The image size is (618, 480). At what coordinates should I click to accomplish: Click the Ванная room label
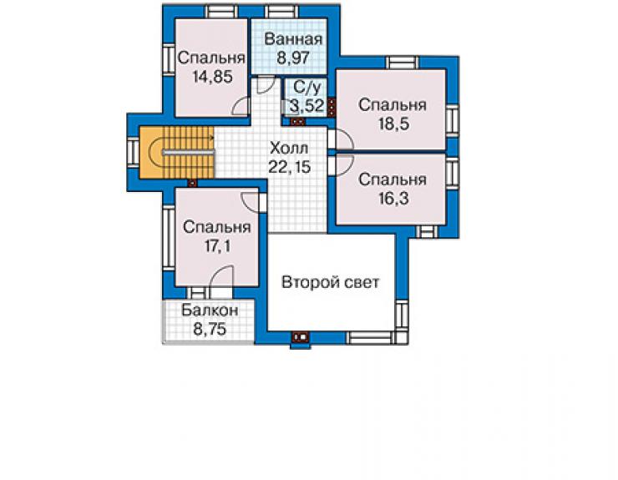293,39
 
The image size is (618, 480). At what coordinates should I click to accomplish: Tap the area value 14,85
212,77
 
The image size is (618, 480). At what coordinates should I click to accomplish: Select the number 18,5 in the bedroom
393,124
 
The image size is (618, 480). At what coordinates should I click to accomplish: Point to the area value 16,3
393,199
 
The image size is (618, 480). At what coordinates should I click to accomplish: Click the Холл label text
289,149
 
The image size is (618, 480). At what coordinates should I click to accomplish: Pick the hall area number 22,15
289,167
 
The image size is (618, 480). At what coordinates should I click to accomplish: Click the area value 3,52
307,106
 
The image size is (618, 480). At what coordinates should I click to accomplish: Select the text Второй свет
330,282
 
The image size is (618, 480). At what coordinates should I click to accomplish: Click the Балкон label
210,311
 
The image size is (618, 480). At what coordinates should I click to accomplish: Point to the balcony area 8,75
210,329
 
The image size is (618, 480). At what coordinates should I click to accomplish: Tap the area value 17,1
217,246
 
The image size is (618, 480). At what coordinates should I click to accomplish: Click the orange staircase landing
152,153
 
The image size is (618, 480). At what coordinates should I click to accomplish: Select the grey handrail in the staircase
189,153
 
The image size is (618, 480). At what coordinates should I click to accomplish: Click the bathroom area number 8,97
293,58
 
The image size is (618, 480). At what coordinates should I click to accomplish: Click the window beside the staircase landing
133,153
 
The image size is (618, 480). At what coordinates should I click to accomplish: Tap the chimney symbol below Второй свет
301,337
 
